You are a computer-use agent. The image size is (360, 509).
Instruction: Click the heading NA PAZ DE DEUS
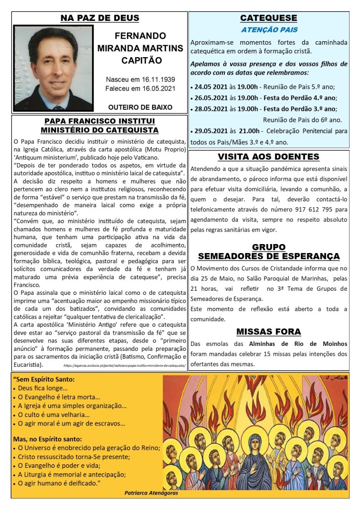pos(99,19)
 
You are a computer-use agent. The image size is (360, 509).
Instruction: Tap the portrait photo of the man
pos(53,68)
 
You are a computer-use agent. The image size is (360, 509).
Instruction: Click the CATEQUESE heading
pos(269,18)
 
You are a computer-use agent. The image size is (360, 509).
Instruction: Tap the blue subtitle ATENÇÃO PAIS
pos(269,30)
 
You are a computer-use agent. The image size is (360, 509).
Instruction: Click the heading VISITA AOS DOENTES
pos(269,157)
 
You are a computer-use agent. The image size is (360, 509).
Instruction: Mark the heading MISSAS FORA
pos(269,332)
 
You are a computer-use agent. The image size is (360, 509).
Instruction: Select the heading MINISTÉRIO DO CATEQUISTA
pos(99,130)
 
